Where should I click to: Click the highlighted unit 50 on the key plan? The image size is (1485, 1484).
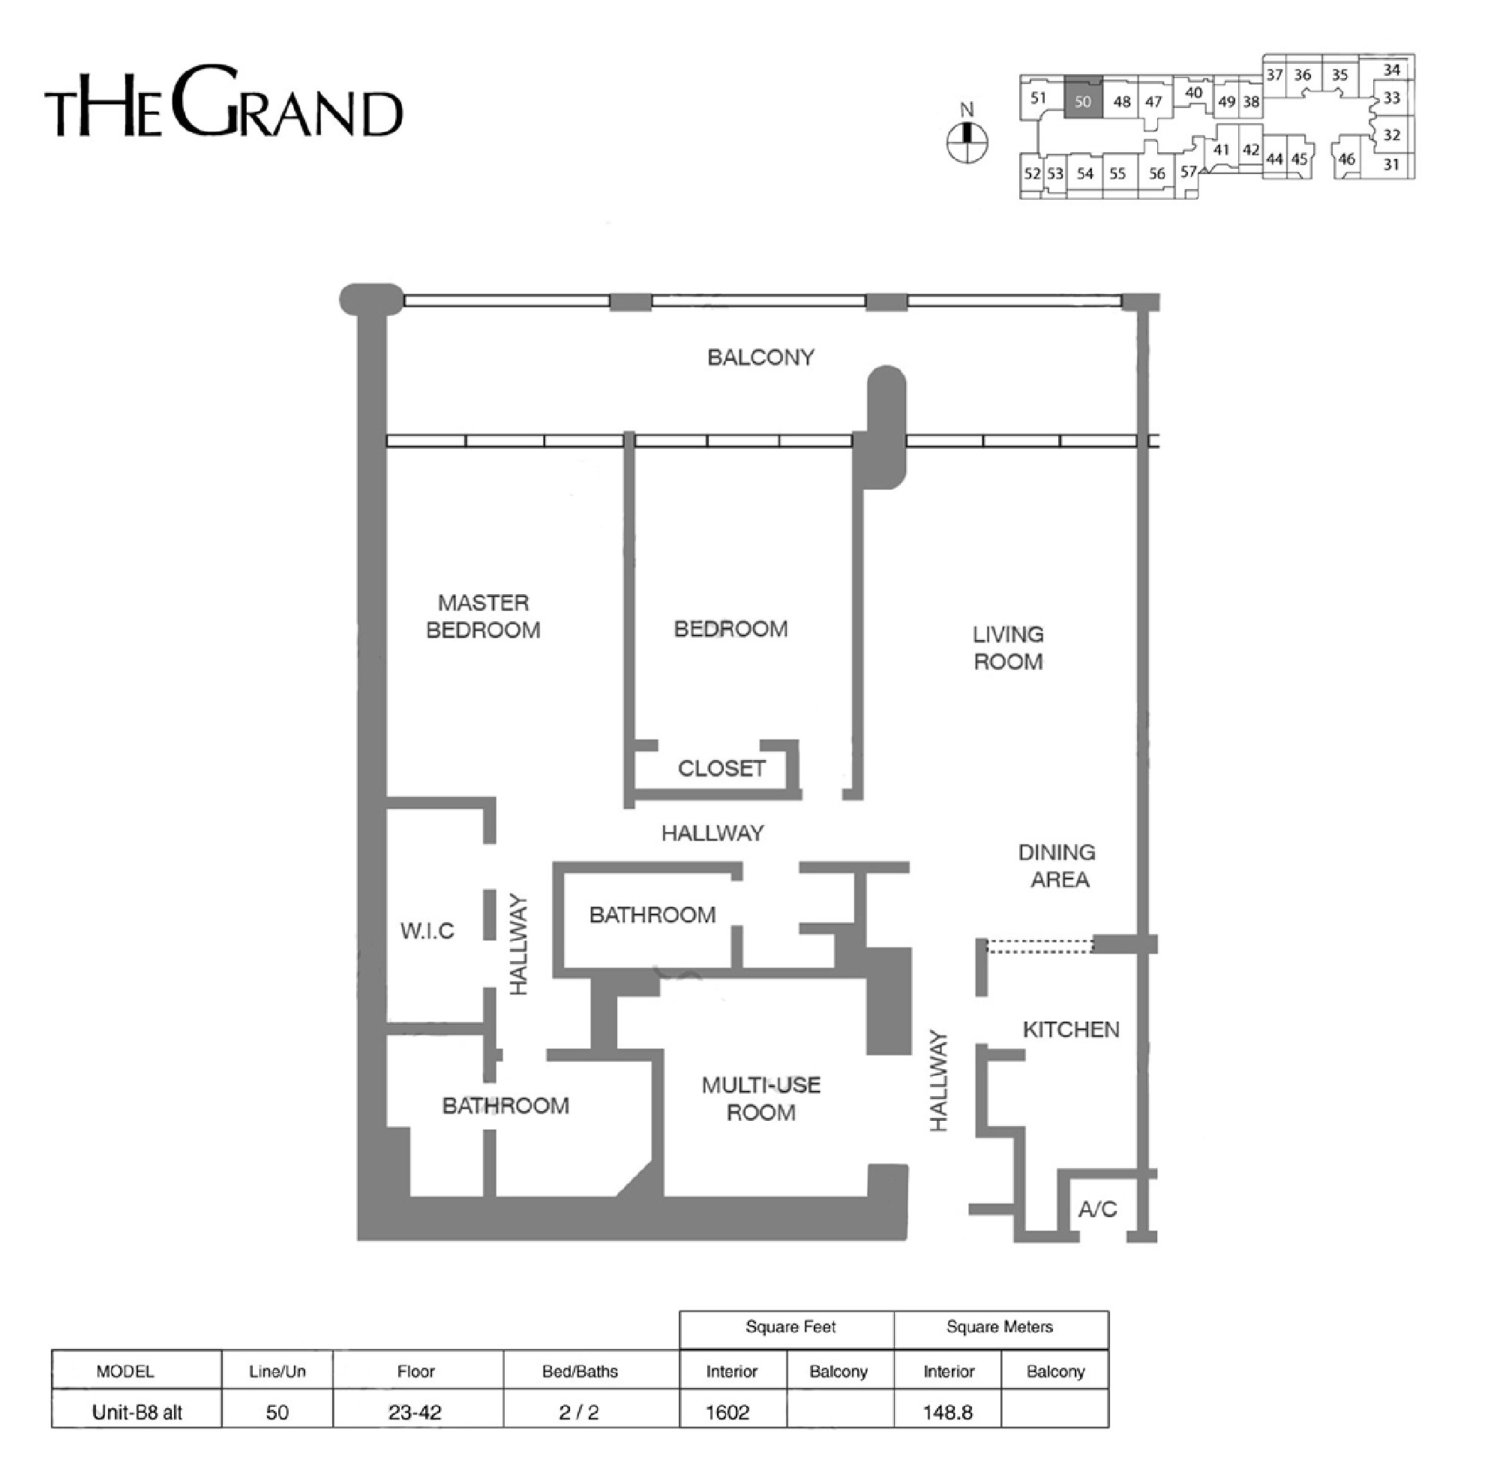1082,98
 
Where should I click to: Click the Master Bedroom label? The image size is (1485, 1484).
483,616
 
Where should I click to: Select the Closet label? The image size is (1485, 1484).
721,768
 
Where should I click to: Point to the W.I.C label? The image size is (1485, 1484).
427,930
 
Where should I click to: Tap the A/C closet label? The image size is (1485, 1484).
1096,1210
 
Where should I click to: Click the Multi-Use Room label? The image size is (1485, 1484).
761,1099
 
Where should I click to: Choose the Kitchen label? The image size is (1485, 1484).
1071,1029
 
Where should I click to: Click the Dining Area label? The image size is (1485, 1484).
1057,866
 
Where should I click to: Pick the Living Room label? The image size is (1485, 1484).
1008,647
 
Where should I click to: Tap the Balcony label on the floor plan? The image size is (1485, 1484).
760,357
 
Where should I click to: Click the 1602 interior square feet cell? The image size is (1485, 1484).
727,1413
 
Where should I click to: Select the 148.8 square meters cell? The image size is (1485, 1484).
948,1413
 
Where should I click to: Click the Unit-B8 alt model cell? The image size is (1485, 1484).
136,1413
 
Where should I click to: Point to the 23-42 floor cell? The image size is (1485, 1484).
415,1413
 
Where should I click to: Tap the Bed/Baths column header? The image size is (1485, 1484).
580,1371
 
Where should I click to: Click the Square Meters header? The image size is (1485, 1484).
999,1326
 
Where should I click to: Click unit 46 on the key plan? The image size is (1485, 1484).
1346,159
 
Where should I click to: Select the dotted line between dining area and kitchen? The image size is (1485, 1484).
1040,946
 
